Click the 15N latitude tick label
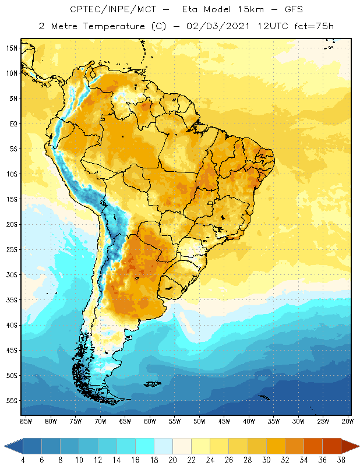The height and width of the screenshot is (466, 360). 12,48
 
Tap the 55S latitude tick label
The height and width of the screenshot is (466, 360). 12,401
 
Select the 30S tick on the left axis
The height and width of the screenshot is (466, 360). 12,274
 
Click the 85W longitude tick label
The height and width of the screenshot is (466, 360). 26,421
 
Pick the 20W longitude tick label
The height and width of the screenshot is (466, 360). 347,421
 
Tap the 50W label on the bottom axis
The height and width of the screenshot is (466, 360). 199,421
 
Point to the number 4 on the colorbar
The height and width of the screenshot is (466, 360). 23,460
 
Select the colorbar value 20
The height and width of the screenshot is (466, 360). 172,460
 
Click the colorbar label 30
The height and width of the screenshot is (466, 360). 266,460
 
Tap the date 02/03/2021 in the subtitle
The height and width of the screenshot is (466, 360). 216,26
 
